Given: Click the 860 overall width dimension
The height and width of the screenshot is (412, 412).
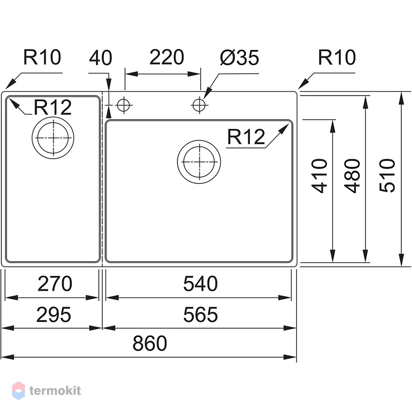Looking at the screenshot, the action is coord(150,343).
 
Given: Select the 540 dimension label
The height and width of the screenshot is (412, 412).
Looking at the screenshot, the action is coord(200,284).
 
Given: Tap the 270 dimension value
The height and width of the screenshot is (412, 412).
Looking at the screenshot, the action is coord(55,284).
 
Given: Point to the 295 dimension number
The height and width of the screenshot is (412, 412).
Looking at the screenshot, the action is coord(54,315).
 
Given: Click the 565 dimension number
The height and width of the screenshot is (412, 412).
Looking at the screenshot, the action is coord(200,315).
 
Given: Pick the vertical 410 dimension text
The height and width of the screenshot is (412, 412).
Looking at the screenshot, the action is coord(319,176).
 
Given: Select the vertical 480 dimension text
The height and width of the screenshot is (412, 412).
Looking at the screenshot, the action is coord(352,176).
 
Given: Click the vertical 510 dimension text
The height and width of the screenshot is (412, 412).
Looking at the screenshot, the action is coord(387,175).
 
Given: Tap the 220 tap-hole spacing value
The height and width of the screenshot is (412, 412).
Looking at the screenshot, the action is coord(167,57).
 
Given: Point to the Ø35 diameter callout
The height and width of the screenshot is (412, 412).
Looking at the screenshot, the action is coord(240,57).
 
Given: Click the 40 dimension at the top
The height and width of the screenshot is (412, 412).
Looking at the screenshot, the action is coord(101,58).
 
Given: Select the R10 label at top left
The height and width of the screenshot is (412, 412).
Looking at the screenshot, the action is coord(42,57).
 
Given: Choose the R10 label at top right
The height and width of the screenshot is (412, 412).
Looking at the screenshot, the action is coord(337,57).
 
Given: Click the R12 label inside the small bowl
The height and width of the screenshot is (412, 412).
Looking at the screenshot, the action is coord(53,107).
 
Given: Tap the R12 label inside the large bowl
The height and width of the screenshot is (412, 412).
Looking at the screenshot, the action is coord(246,137).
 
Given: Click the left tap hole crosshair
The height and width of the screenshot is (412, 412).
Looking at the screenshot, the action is coord(124,105).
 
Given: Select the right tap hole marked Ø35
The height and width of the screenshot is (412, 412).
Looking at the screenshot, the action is coord(199,105).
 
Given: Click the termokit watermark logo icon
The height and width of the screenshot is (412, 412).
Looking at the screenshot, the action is coord(18,391).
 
